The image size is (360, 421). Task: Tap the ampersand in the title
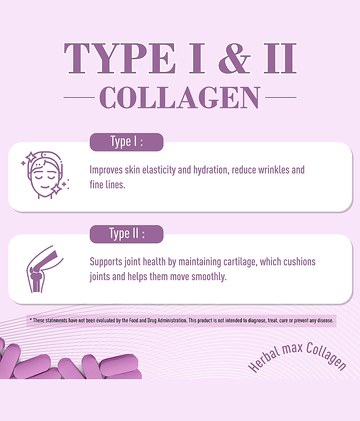(234, 58)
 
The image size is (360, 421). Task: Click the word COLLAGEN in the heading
(180, 97)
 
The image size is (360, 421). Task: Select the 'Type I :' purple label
(126, 142)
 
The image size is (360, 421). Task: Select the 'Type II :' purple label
(126, 234)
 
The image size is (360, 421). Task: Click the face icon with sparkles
(45, 175)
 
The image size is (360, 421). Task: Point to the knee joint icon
(44, 269)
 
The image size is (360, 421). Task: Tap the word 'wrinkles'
(274, 170)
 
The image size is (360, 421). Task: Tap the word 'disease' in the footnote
(325, 321)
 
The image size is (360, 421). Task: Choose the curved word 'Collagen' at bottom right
(326, 356)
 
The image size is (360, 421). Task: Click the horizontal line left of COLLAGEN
(79, 97)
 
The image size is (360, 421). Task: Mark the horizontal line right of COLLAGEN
(281, 97)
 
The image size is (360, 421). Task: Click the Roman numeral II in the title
(280, 58)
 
